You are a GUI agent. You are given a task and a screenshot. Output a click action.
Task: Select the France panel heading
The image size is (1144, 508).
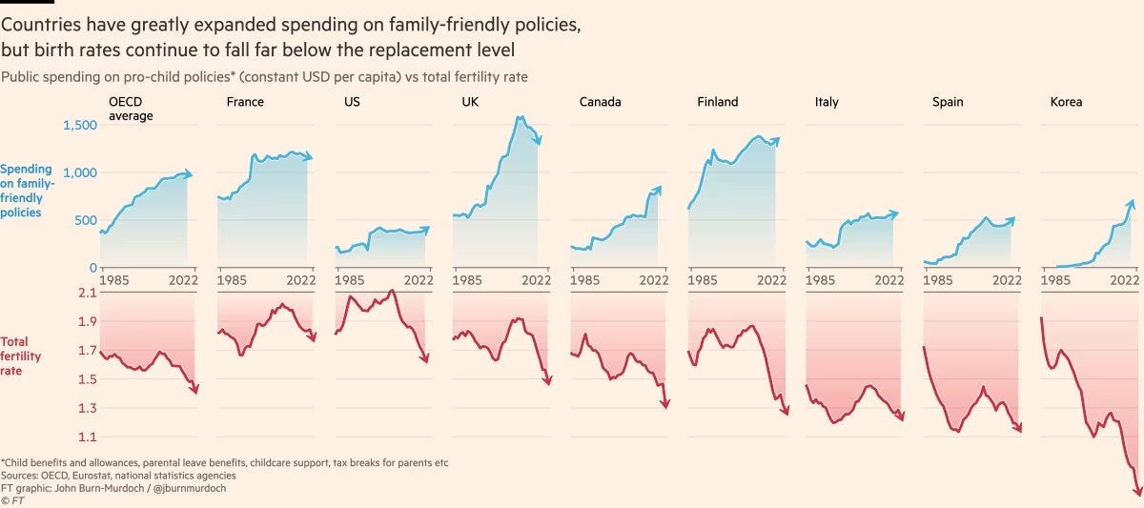pyautogui.click(x=245, y=102)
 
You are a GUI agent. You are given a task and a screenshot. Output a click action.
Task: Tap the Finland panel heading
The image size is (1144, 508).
pyautogui.click(x=718, y=102)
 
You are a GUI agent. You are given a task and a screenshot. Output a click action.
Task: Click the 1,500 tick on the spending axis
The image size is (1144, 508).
pyautogui.click(x=80, y=125)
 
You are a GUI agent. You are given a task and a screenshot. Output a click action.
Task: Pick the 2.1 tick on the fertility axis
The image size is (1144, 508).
pyautogui.click(x=86, y=293)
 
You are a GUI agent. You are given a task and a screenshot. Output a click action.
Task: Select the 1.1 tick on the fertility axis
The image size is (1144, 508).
pyautogui.click(x=86, y=437)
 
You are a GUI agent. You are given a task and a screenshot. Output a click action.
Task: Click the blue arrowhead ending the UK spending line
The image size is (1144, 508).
pyautogui.click(x=539, y=141)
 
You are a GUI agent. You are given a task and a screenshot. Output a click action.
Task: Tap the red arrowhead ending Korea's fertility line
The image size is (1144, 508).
pyautogui.click(x=1137, y=490)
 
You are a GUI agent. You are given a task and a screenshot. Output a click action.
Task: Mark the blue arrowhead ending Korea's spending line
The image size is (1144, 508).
pyautogui.click(x=1132, y=203)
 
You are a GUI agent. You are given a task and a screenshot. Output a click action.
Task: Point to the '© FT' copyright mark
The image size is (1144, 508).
pyautogui.click(x=12, y=499)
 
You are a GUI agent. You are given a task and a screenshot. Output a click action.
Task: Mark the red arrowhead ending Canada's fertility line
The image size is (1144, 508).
pyautogui.click(x=664, y=404)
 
